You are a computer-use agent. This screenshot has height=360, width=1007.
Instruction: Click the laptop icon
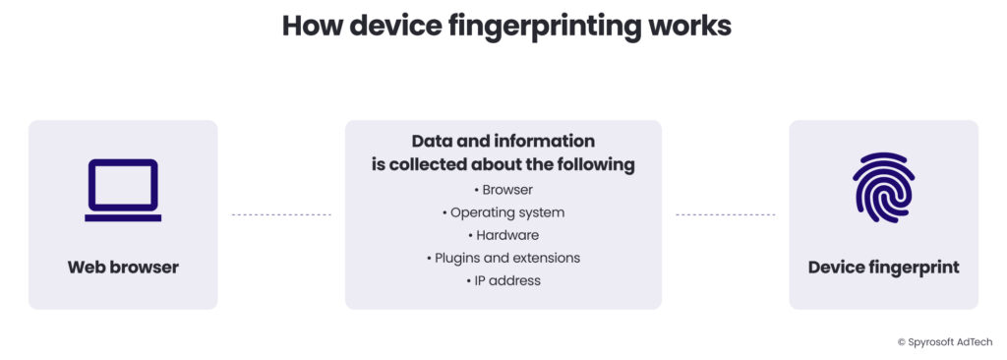[x=123, y=190]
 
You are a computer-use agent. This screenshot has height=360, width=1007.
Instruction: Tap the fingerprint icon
[x=883, y=188]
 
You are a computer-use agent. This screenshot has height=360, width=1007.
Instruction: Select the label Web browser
[x=123, y=267]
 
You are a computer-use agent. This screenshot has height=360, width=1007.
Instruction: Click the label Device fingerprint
[x=883, y=267]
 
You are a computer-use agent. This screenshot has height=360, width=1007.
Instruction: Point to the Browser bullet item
[x=503, y=190]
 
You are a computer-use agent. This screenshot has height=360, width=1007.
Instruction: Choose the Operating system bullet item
[x=503, y=212]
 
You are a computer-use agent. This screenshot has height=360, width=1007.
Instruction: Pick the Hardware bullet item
[x=503, y=235]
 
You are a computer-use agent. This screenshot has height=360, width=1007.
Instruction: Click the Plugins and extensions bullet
[x=503, y=258]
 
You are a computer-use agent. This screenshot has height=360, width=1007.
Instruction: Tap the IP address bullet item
[x=503, y=280]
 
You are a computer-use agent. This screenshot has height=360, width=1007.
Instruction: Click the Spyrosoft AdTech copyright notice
[x=944, y=341]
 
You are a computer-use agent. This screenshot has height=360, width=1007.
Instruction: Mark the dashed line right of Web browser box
[x=281, y=213]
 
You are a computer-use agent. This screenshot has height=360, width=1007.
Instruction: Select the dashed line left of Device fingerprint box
[x=725, y=213]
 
